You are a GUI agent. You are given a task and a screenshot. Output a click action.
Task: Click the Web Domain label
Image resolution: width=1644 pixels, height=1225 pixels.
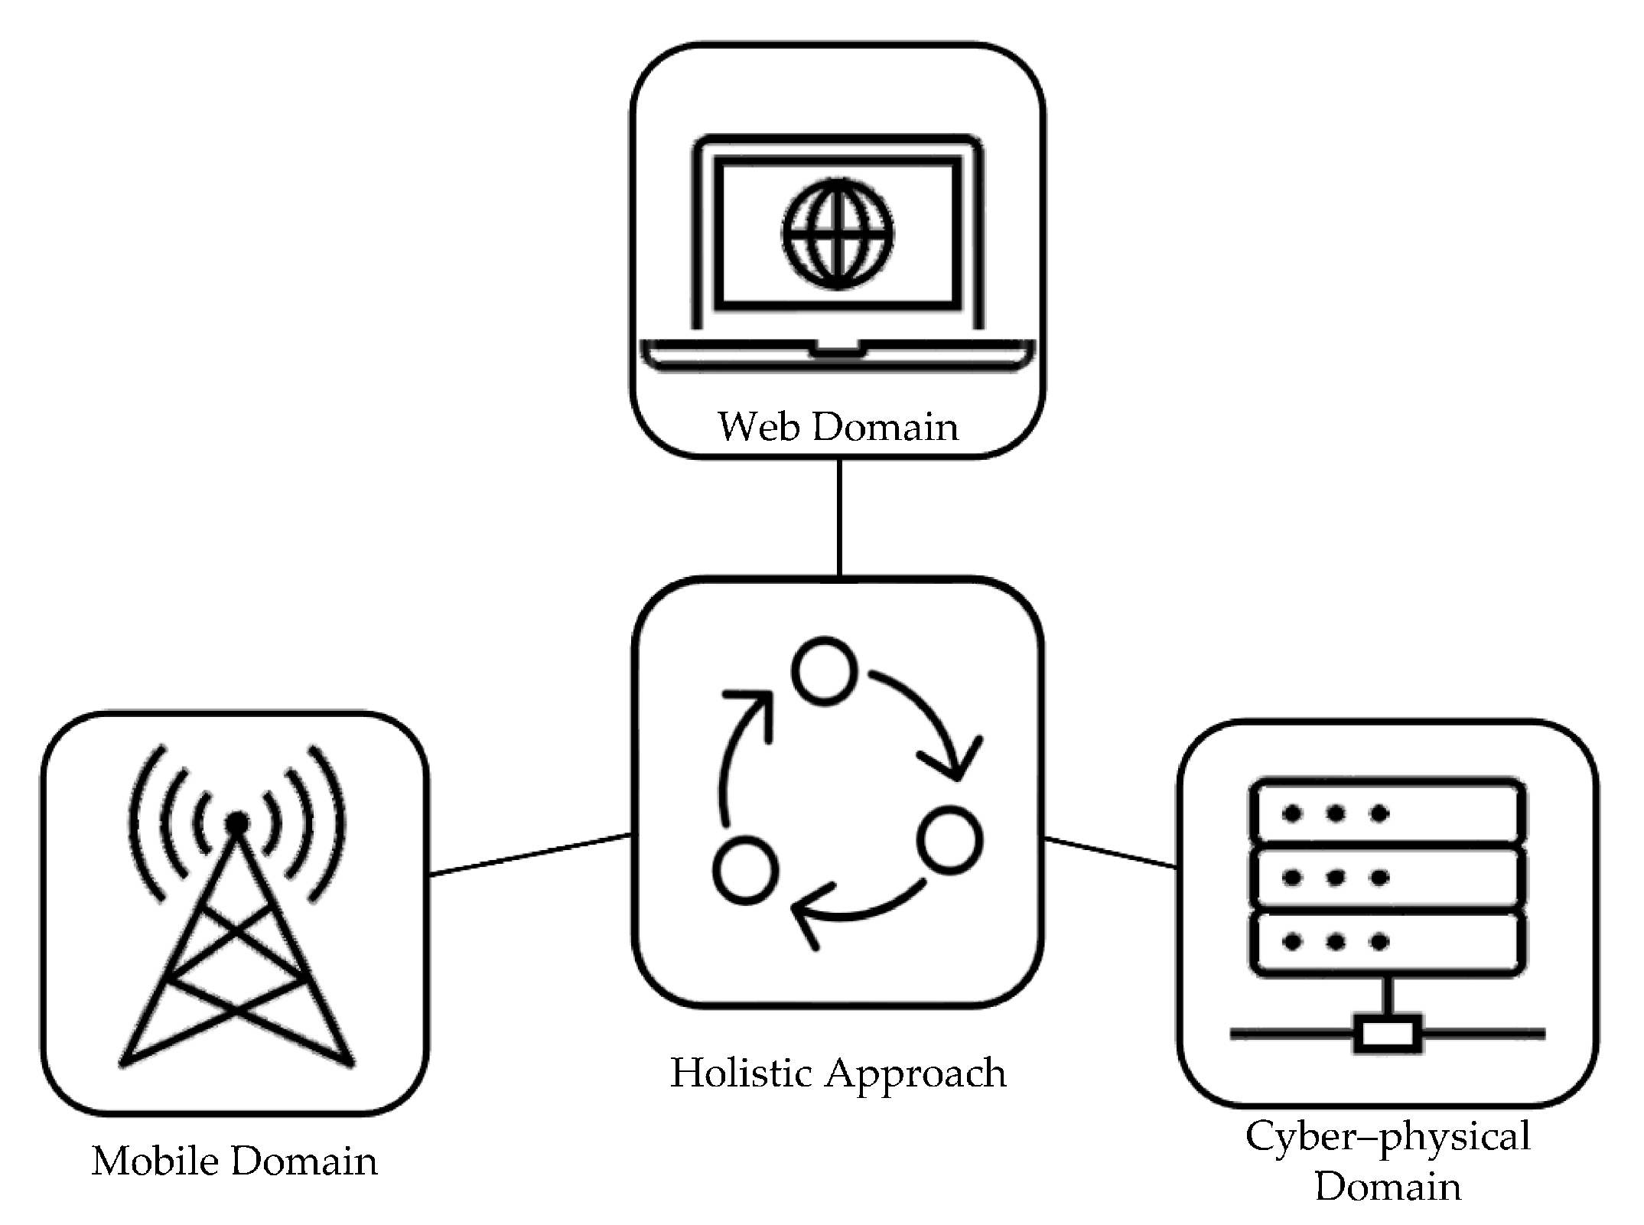(838, 426)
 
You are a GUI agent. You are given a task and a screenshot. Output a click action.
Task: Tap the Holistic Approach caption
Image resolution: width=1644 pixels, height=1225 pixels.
(838, 1073)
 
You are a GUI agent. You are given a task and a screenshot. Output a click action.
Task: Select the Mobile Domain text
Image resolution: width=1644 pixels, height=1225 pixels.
(234, 1161)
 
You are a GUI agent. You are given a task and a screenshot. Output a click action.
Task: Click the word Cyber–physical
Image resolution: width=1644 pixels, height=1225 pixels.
(1388, 1136)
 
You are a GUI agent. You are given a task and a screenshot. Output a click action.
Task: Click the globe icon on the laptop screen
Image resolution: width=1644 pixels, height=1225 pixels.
(838, 233)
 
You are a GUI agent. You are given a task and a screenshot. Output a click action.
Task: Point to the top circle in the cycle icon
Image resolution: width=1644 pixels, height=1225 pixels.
(824, 670)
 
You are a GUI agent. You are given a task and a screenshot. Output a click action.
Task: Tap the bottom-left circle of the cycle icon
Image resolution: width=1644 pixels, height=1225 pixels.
(745, 870)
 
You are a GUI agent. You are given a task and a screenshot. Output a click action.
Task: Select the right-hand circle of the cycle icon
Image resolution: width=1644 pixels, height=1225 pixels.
(950, 839)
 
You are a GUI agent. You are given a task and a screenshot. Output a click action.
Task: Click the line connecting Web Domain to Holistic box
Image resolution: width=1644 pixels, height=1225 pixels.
(839, 517)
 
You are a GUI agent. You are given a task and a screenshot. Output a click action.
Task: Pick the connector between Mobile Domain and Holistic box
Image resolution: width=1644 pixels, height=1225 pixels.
(530, 855)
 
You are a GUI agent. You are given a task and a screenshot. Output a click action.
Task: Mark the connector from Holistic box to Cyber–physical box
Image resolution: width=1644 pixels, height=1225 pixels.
(1110, 853)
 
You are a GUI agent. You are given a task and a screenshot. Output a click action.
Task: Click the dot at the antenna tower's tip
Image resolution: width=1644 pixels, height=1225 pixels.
(237, 822)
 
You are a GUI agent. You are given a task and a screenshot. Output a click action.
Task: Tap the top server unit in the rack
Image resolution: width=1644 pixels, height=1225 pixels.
(1387, 813)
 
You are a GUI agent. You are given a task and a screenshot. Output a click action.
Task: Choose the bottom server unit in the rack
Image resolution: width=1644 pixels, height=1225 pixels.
(1387, 942)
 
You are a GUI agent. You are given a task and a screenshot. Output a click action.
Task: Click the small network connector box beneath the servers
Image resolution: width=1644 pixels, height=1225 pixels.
(1388, 1034)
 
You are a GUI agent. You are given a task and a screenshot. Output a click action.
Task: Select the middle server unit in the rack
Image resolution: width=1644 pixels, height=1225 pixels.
(1387, 877)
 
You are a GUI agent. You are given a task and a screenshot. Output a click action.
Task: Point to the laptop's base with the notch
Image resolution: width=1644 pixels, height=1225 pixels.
(838, 355)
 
